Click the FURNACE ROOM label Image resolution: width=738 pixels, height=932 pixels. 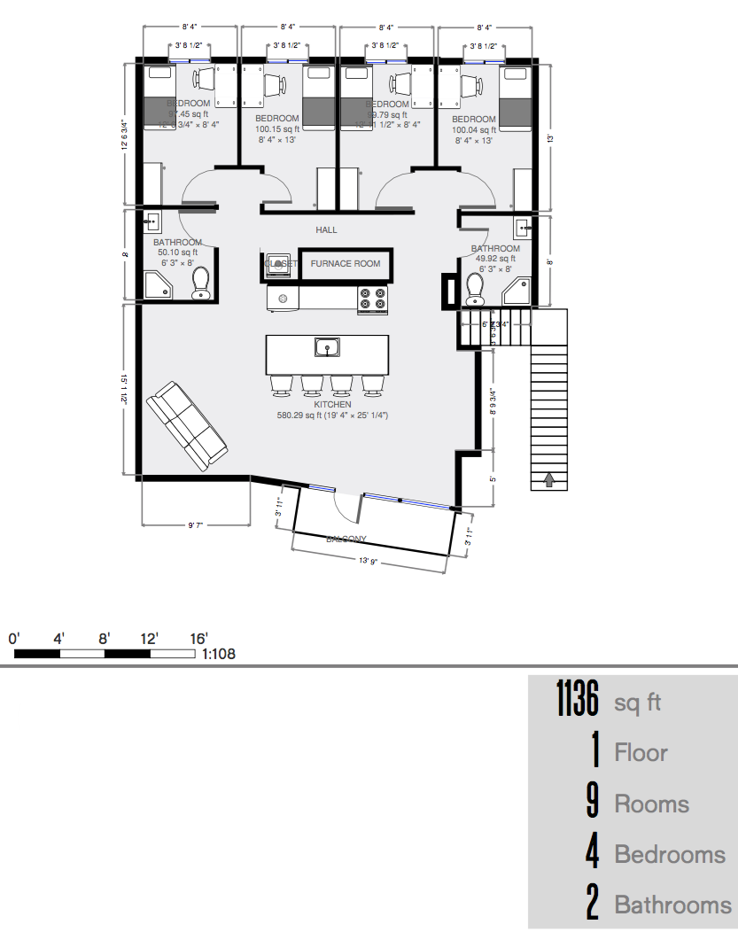(x=346, y=263)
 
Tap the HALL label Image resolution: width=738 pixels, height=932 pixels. (x=326, y=230)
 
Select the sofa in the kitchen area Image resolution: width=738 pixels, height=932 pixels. (x=187, y=426)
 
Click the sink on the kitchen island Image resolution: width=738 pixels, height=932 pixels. (x=326, y=347)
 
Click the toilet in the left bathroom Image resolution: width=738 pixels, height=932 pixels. (x=202, y=283)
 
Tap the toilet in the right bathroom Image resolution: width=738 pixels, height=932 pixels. (x=475, y=286)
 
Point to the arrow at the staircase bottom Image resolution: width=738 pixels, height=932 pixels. (x=548, y=479)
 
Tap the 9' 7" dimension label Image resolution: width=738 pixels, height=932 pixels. (x=196, y=525)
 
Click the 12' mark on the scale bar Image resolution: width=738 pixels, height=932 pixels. (x=148, y=638)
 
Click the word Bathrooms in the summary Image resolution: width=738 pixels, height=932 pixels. (x=672, y=905)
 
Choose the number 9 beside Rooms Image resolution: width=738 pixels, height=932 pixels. (x=593, y=804)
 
